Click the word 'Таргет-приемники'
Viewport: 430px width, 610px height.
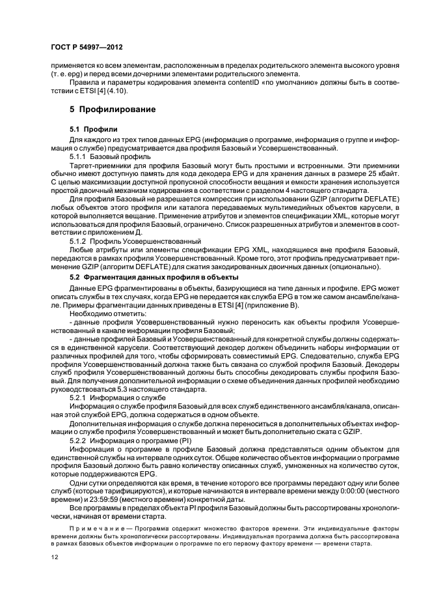(x=96, y=166)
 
